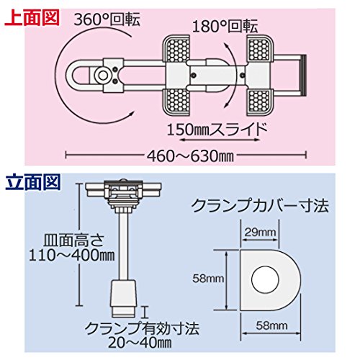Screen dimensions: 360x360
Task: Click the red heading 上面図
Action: (32, 17)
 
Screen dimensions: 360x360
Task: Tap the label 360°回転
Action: (107, 20)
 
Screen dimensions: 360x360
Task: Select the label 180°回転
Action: (225, 27)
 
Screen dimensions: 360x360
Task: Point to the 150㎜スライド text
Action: (217, 130)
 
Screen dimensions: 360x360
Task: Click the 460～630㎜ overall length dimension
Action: (190, 157)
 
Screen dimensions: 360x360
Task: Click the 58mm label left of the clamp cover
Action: (208, 279)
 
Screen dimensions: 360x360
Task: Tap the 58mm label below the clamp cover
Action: (271, 325)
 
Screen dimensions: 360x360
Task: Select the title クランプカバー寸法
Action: (261, 206)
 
